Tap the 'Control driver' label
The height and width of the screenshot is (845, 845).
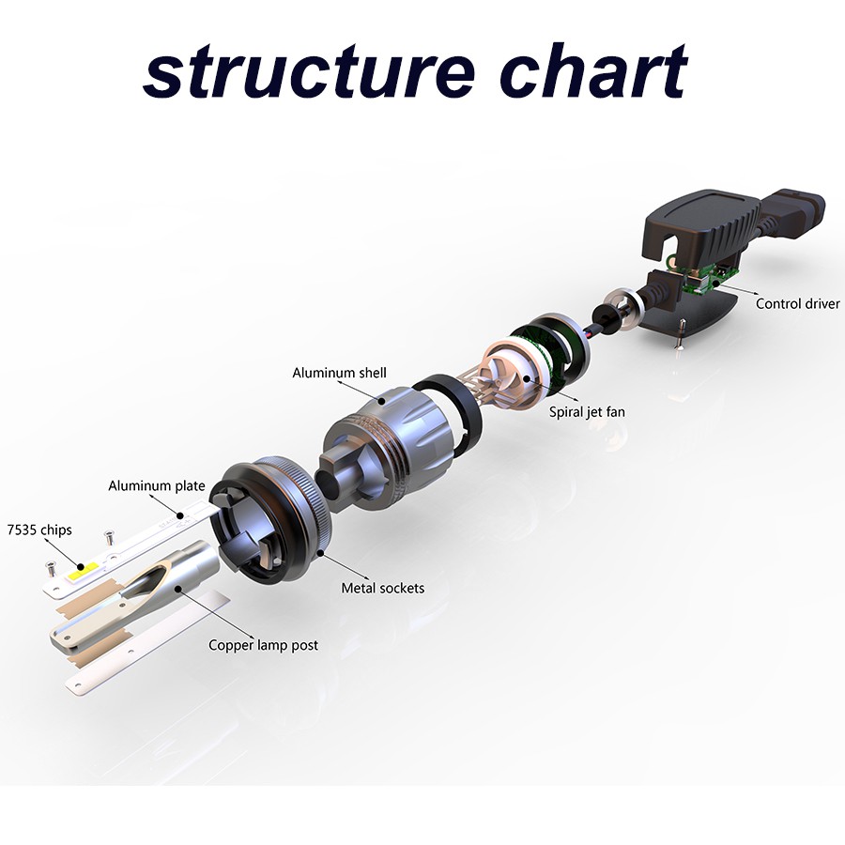click(797, 303)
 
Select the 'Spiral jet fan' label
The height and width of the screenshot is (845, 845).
click(587, 409)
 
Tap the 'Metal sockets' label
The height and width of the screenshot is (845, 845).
click(382, 588)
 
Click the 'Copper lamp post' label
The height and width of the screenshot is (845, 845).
click(263, 645)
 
